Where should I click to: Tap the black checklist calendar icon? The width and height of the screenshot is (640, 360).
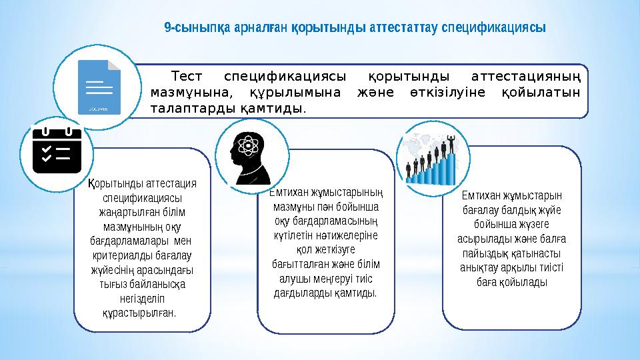point(56,153)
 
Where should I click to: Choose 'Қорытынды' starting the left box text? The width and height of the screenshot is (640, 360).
point(113,183)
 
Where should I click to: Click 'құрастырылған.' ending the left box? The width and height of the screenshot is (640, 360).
point(141,312)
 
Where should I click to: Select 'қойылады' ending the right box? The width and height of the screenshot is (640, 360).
point(526,283)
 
